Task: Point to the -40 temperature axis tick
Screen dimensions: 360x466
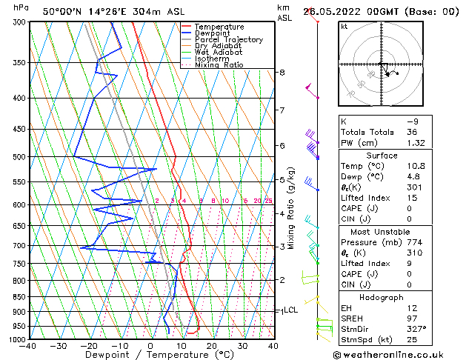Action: pyautogui.click(x=29, y=346)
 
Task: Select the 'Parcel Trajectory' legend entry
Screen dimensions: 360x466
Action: pyautogui.click(x=228, y=40)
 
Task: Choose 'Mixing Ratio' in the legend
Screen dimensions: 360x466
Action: pyautogui.click(x=219, y=65)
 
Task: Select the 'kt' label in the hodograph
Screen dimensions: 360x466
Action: pyautogui.click(x=344, y=26)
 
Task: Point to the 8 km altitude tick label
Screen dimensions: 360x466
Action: pyautogui.click(x=282, y=73)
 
